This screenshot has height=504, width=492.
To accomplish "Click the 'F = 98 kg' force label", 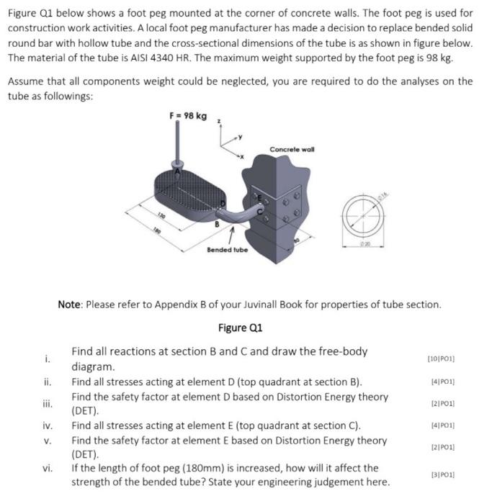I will [x=188, y=116].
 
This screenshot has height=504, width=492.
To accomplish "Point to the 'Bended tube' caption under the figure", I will [x=227, y=250].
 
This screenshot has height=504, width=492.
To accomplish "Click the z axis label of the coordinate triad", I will [x=227, y=122].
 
